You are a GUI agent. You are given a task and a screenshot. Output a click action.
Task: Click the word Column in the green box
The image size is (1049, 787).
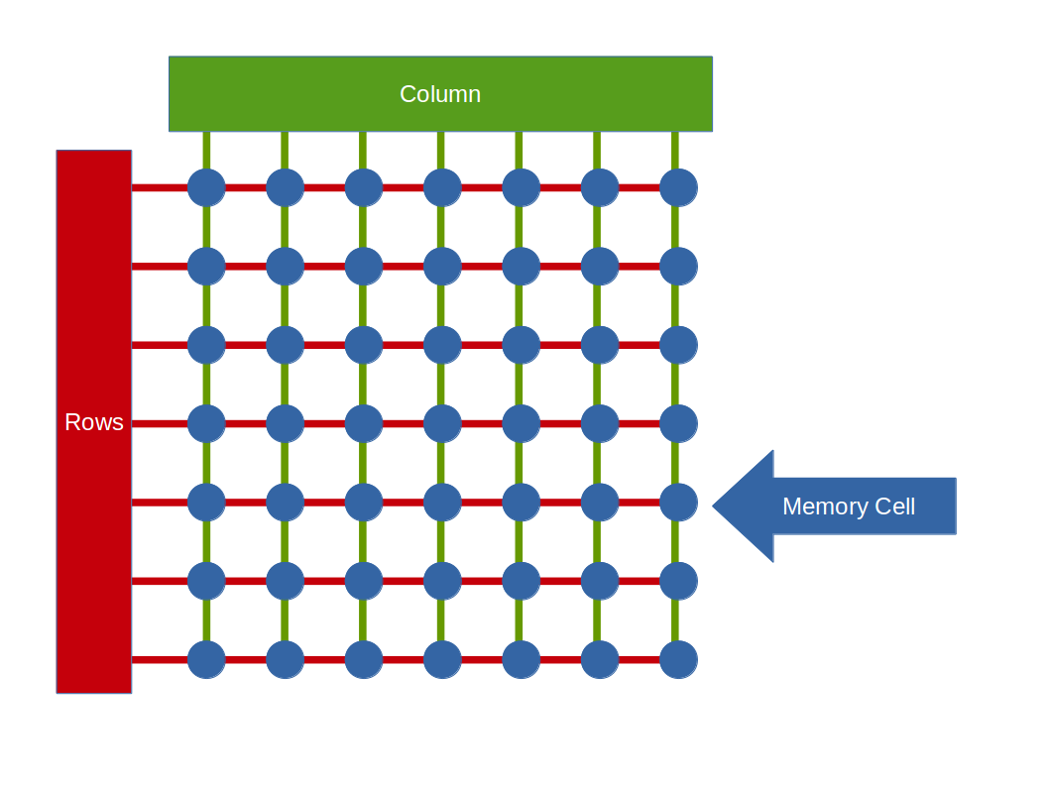440,94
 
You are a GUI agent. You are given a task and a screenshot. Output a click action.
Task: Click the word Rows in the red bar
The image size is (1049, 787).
94,422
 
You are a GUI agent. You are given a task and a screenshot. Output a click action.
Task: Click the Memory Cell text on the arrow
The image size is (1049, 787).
848,506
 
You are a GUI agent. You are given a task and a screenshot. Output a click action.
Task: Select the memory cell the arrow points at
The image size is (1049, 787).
678,503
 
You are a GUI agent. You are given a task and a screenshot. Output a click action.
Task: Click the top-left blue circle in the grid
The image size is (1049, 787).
206,187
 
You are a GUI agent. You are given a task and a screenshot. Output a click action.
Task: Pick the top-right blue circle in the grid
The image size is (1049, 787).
678,187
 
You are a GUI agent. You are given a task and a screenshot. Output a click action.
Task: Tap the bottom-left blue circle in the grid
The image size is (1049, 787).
206,659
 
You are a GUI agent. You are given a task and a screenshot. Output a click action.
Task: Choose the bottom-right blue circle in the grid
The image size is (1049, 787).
678,659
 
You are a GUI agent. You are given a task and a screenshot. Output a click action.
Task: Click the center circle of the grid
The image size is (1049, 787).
442,423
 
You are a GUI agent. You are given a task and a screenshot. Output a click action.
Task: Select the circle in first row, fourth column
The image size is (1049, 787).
442,187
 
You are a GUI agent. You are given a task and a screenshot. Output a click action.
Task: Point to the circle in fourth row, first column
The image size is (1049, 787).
206,423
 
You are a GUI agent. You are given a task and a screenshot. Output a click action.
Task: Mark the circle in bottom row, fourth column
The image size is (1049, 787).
442,659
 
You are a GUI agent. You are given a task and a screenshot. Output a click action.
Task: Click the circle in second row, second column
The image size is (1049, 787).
285,266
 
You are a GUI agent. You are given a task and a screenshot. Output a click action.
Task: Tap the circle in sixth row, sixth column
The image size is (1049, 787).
600,581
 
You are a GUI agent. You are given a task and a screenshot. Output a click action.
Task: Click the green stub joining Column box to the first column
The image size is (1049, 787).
206,150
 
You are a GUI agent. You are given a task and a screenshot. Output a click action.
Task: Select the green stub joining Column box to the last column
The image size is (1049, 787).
675,150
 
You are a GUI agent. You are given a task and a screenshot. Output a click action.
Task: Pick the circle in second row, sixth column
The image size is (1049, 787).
600,266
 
